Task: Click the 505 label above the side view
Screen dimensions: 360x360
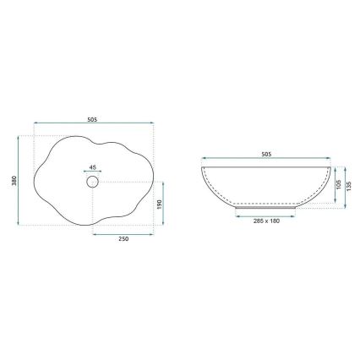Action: [x=267, y=155]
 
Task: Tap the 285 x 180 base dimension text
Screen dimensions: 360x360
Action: [x=267, y=221]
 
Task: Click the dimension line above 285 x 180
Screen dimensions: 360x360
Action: [x=267, y=214]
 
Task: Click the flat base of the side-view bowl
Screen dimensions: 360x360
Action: [x=267, y=205]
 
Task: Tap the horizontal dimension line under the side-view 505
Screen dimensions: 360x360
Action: [x=267, y=161]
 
